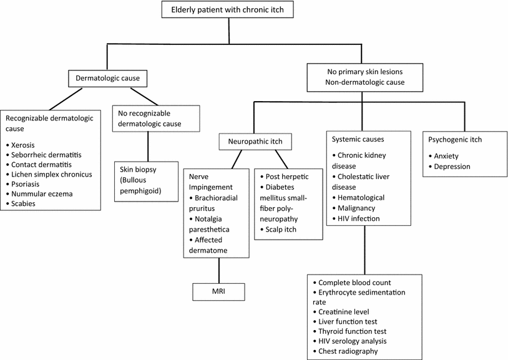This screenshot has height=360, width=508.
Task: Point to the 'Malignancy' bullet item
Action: coord(358,208)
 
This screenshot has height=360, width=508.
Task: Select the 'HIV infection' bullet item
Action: coord(361,218)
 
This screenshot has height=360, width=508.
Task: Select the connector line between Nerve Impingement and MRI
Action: coord(217,270)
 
